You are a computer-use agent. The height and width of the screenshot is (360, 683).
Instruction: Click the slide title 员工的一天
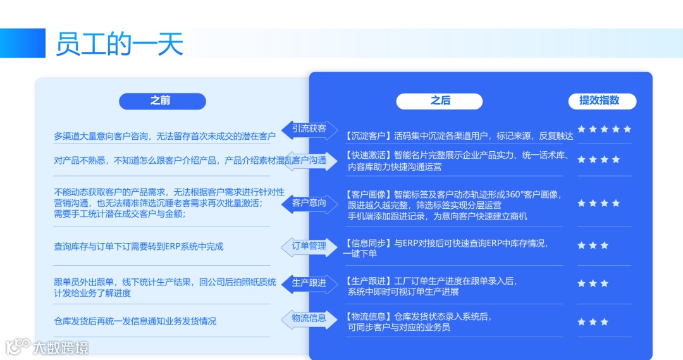click(120, 44)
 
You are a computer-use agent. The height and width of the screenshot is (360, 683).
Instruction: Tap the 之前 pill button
click(163, 101)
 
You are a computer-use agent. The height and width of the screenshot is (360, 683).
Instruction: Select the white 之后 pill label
click(440, 101)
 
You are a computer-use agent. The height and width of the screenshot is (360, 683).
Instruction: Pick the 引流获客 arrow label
click(309, 129)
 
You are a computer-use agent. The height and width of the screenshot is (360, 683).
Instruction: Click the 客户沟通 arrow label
click(309, 161)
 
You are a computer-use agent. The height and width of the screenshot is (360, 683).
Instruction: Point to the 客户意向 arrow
click(309, 203)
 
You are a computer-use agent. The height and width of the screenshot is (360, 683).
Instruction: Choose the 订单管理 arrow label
click(309, 245)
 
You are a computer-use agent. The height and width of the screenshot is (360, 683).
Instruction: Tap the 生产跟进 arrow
click(309, 283)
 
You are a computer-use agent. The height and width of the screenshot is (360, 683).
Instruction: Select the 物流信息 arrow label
click(309, 318)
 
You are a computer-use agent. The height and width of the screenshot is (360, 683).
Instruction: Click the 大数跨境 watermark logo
click(47, 347)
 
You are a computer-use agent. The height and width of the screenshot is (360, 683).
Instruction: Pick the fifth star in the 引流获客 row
click(627, 129)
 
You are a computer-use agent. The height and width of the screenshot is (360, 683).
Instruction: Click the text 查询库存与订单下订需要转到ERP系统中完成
click(138, 247)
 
